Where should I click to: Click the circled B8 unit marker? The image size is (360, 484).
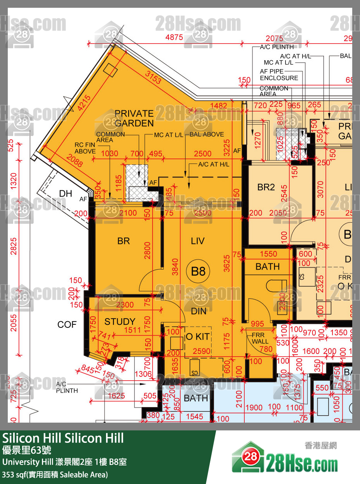198,271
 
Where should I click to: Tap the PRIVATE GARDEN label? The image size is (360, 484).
134,118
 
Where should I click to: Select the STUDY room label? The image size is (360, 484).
120,322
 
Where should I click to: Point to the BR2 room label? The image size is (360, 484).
266,187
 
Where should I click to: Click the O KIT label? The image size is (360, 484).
198,337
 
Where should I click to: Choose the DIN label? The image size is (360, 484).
198,311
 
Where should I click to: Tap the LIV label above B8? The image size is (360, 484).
198,241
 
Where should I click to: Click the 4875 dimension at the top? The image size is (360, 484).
174,38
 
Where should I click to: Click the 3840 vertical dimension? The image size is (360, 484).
176,267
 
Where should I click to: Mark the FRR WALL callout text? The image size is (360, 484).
260,338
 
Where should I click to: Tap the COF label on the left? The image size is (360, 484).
67,324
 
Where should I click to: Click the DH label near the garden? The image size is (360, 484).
65,193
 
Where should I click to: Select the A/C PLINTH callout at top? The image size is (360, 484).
277,47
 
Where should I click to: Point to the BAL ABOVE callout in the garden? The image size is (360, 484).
207,134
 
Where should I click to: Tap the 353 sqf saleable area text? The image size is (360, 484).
55,474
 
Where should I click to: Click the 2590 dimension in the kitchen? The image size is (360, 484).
202,351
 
